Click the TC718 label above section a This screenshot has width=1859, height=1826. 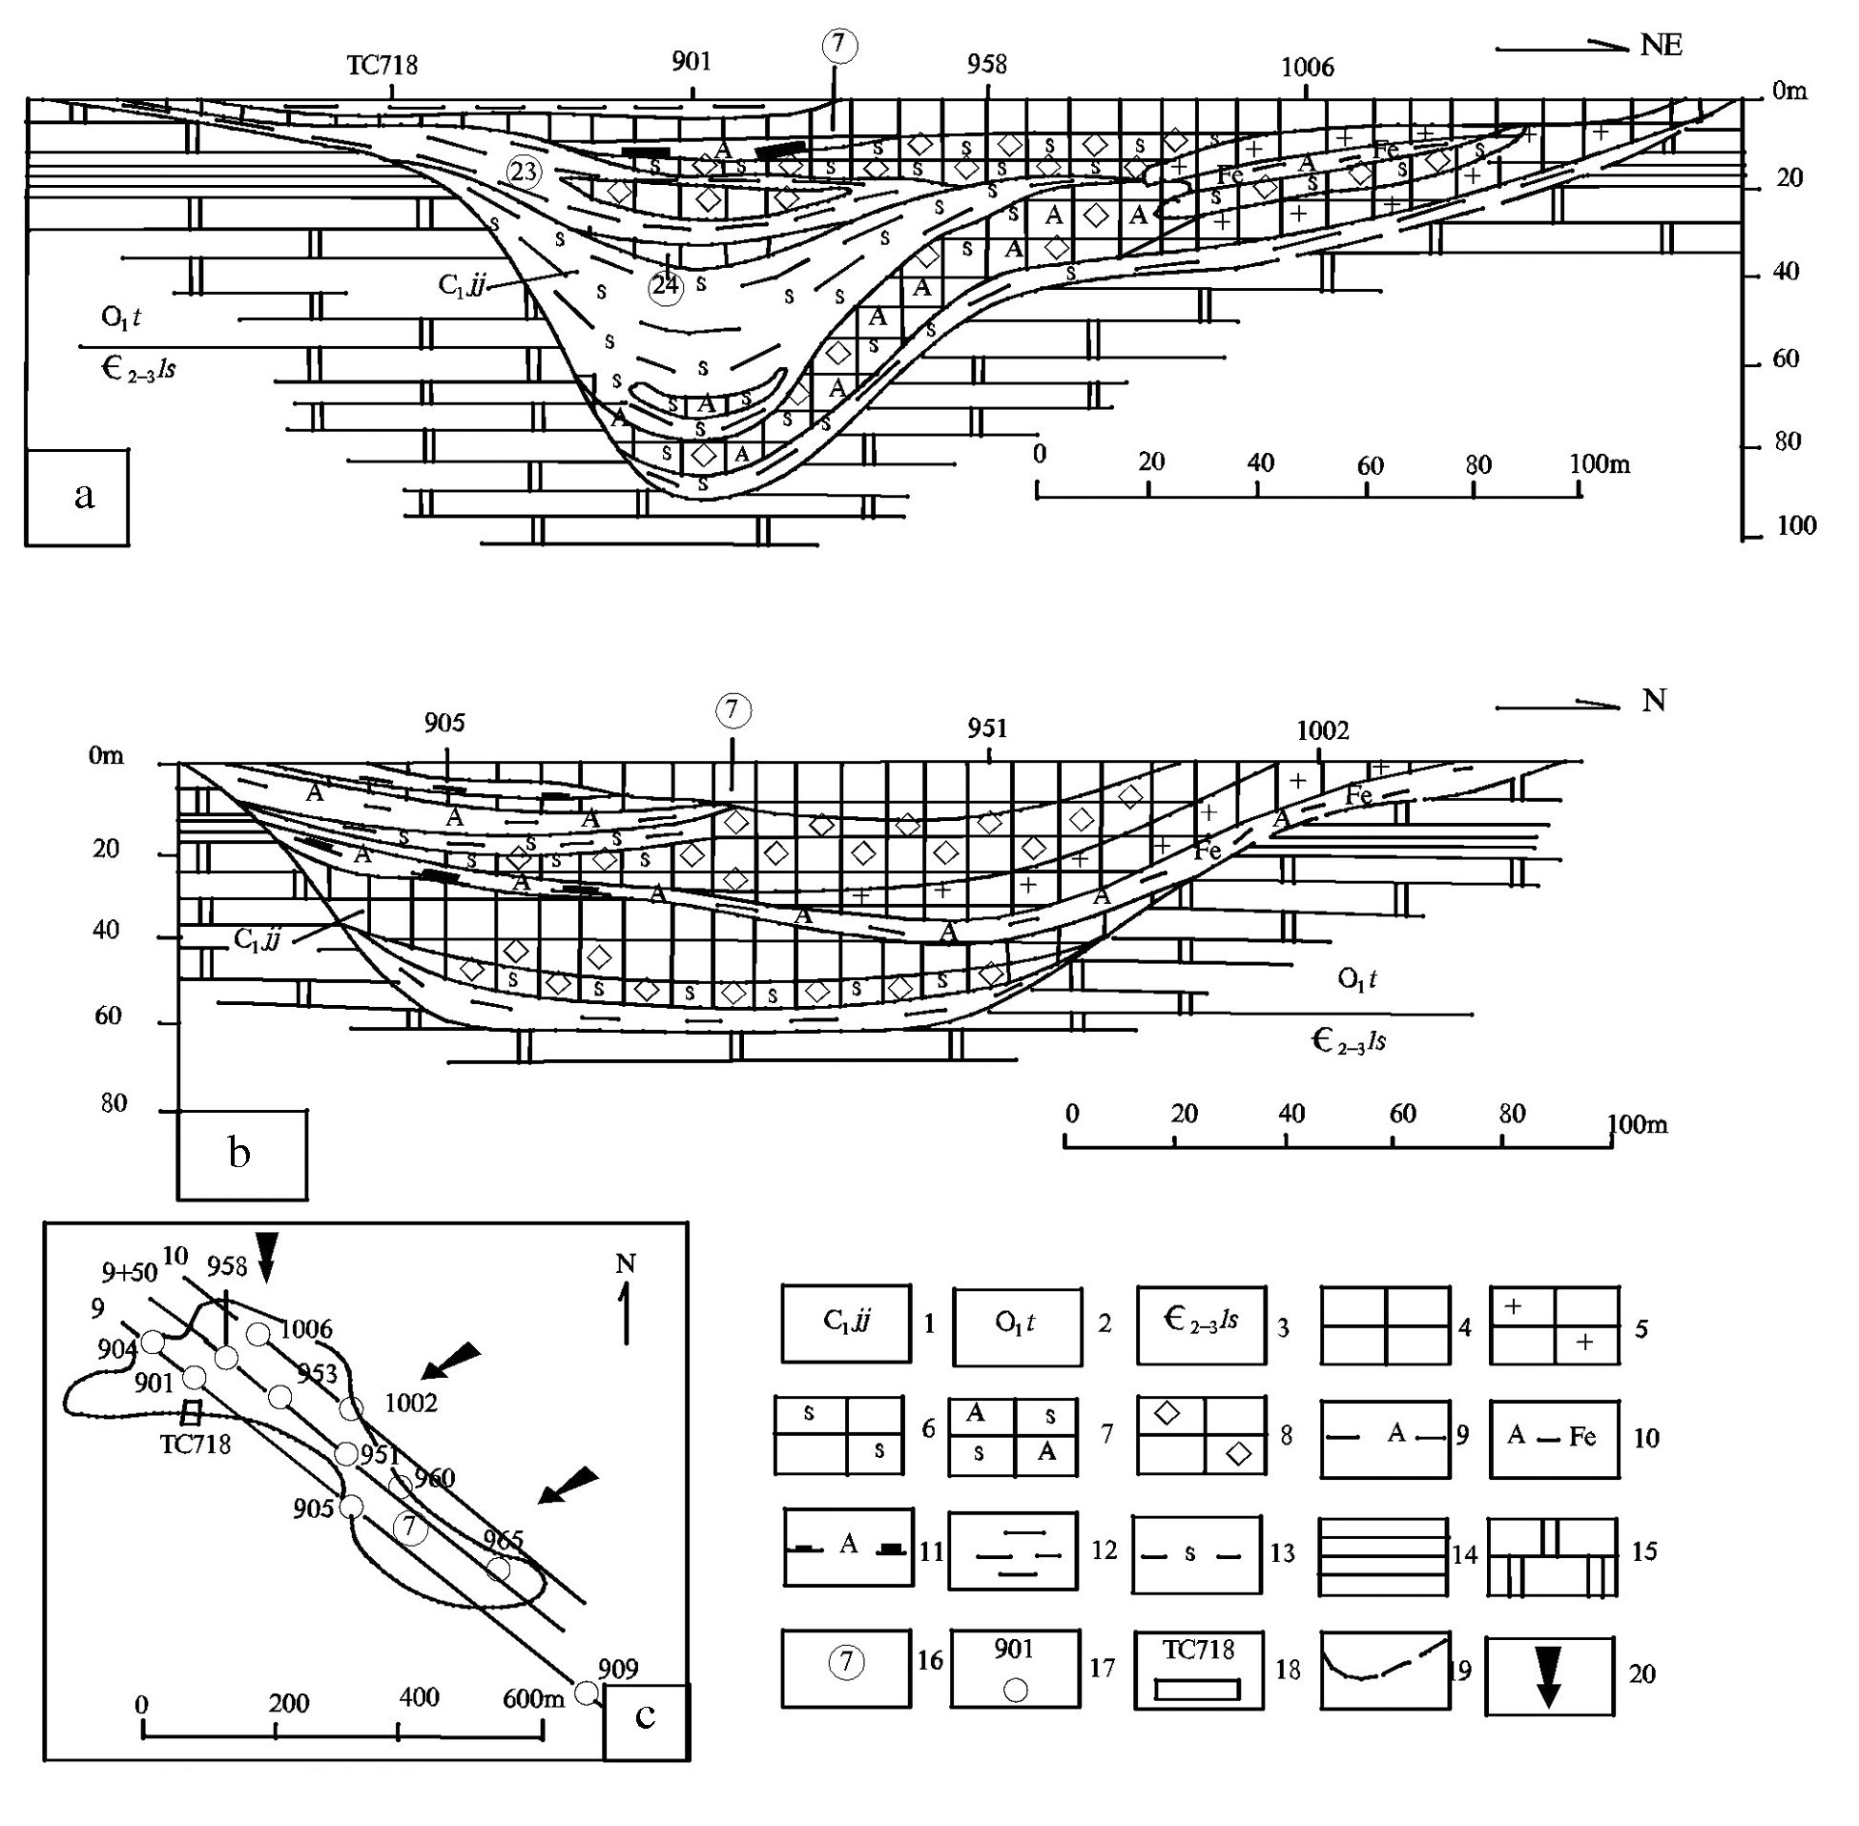[x=382, y=65]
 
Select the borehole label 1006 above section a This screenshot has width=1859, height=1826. [x=1308, y=67]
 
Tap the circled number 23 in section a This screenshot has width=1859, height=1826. [x=524, y=173]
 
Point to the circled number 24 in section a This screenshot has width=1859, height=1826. [x=666, y=286]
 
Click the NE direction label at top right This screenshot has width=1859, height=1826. [x=1661, y=46]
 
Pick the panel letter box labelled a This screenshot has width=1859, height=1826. [x=76, y=497]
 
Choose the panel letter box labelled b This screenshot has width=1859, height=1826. [x=241, y=1154]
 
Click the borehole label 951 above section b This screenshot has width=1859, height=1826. [x=987, y=728]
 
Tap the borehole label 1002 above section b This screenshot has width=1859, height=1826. [x=1322, y=730]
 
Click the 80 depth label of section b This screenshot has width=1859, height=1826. [x=114, y=1103]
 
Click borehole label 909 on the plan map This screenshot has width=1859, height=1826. [x=618, y=1670]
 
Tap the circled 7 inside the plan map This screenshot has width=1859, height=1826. [x=410, y=1527]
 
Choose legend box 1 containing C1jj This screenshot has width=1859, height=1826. [x=846, y=1323]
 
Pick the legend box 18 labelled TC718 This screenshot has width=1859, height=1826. [x=1198, y=1670]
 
